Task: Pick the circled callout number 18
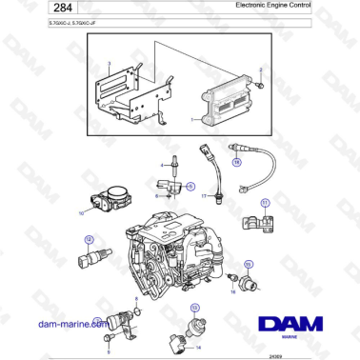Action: (237, 162)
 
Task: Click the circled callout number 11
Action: (266, 202)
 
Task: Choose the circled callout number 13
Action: (194, 308)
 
